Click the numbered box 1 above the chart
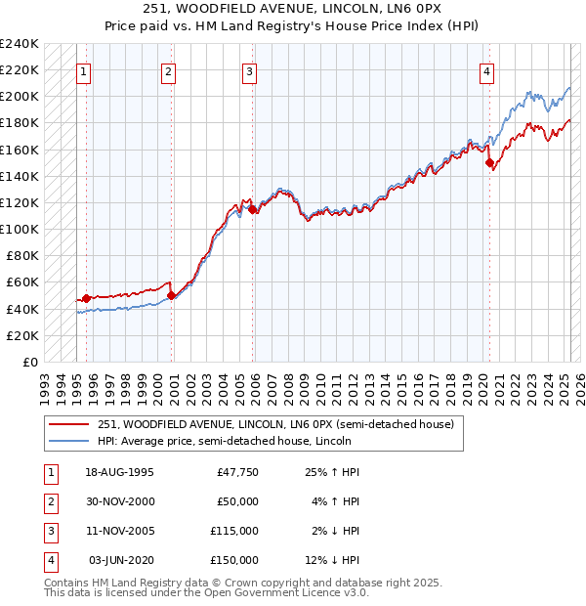(83, 70)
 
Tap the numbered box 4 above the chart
(485, 70)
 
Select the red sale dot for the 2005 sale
(252, 208)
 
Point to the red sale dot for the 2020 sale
(489, 163)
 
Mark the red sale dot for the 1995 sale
(86, 298)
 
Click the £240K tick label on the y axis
(20, 44)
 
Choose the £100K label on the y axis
(20, 229)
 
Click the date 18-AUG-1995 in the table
(119, 472)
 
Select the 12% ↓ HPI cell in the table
(333, 560)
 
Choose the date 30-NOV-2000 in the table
(119, 501)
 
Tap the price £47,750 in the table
(237, 472)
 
